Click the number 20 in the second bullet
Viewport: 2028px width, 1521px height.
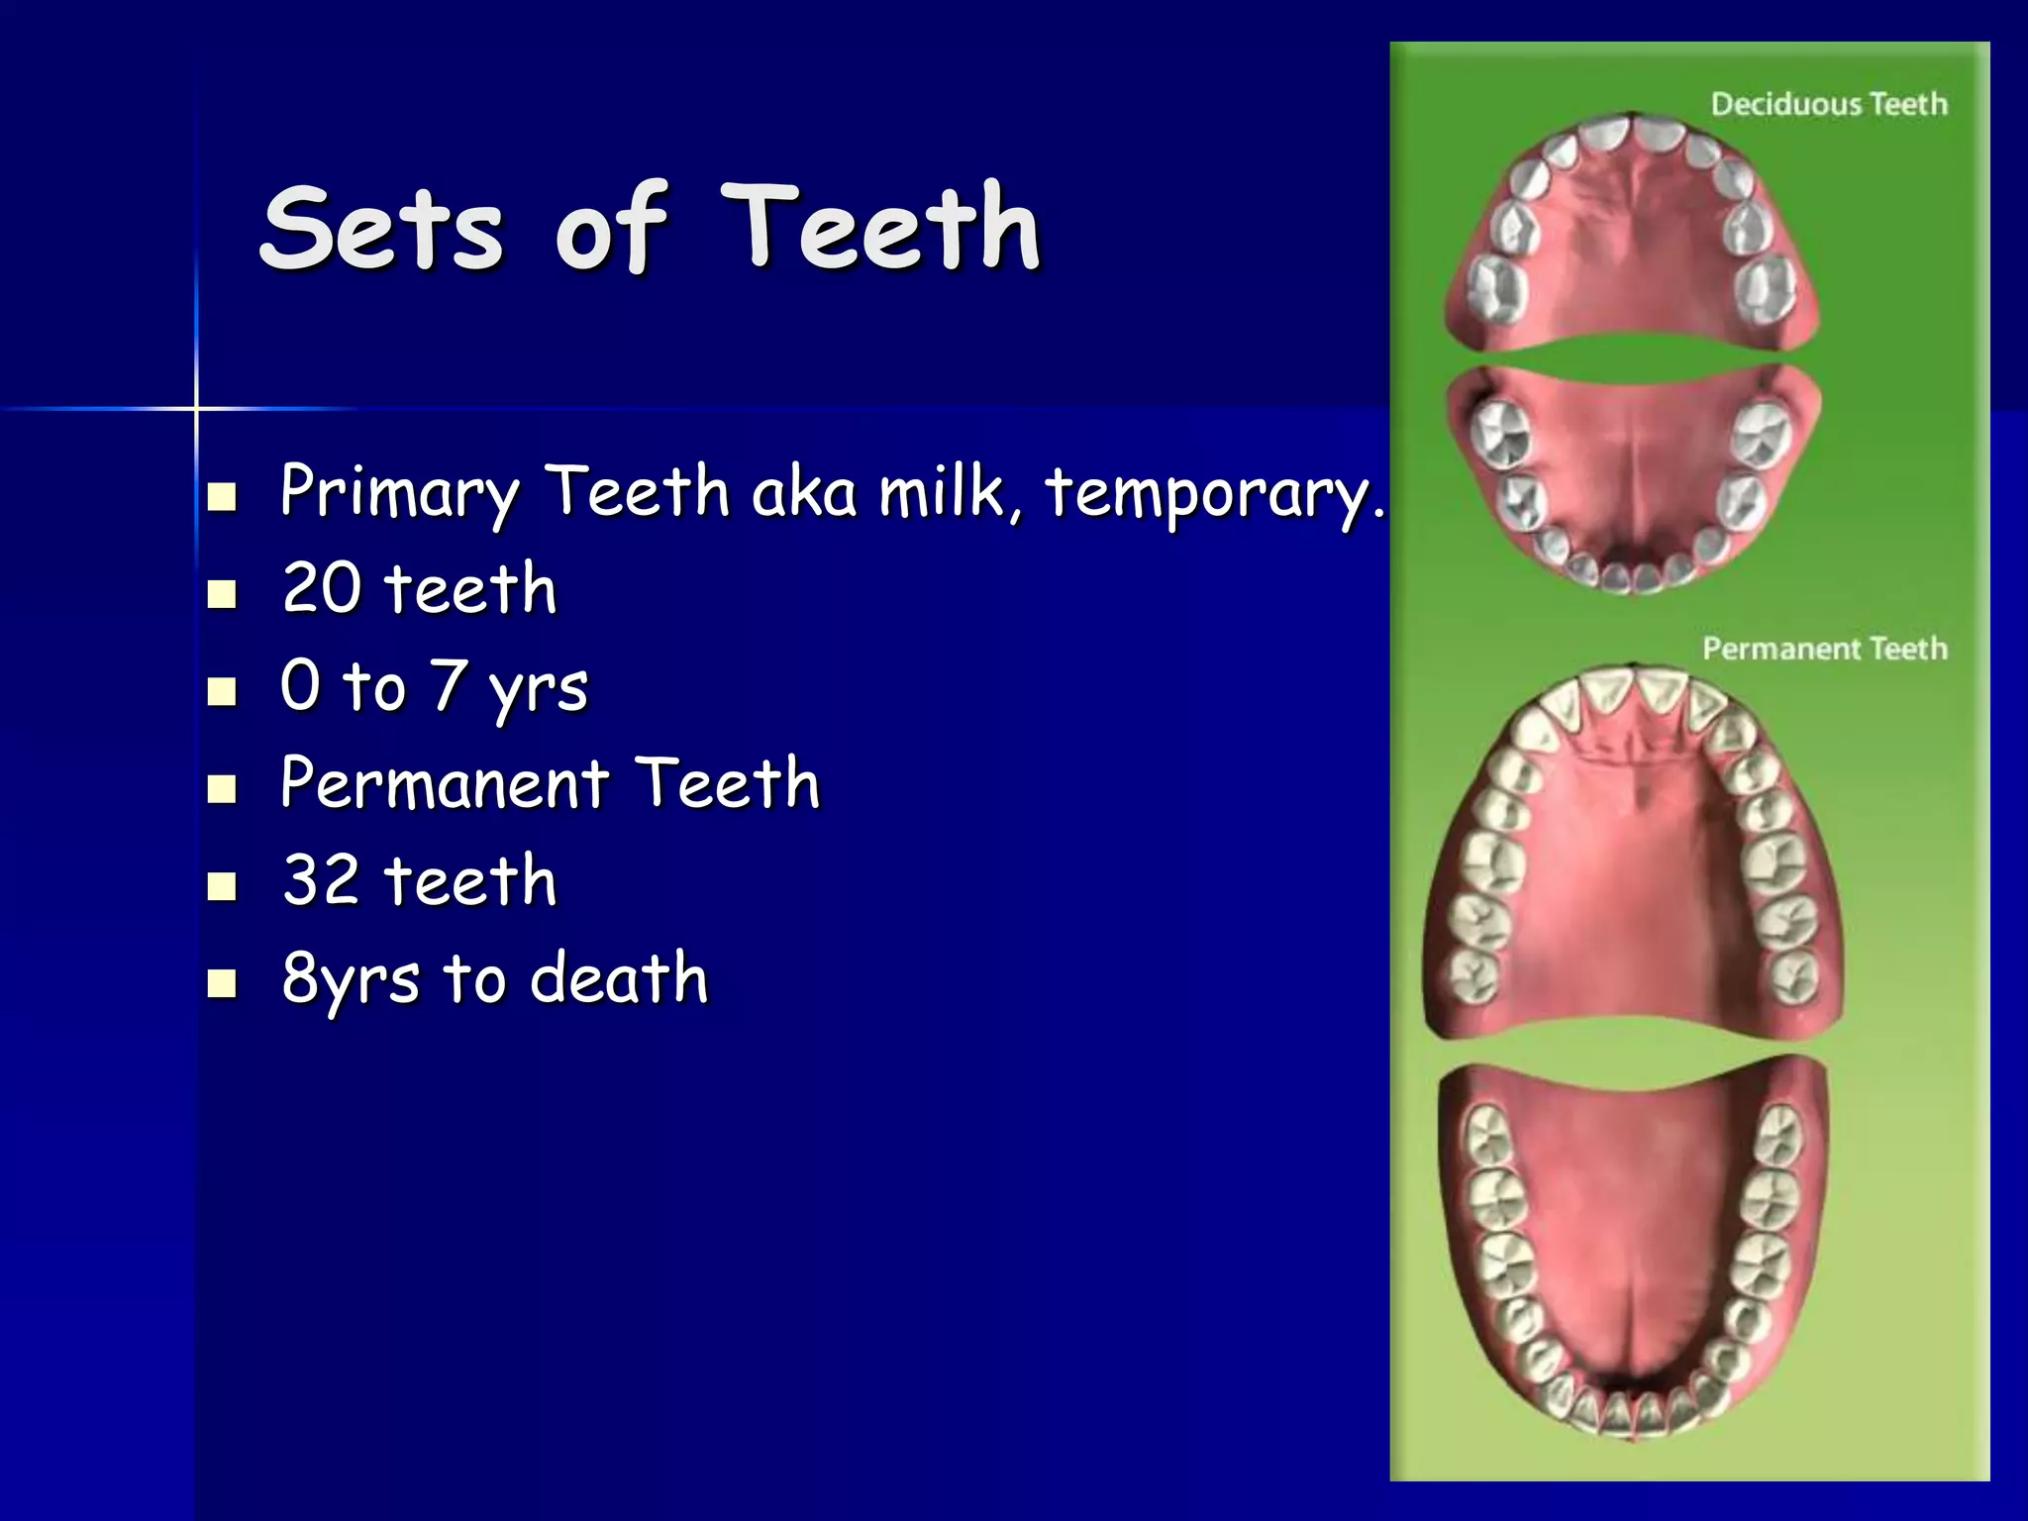pyautogui.click(x=322, y=588)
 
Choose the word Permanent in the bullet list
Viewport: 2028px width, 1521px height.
pyautogui.click(x=444, y=783)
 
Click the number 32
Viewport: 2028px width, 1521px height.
pyautogui.click(x=322, y=879)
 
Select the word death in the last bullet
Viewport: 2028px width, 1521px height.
pyautogui.click(x=619, y=977)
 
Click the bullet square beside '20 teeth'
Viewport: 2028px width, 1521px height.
pyautogui.click(x=223, y=594)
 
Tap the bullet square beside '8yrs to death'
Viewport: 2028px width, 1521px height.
pyautogui.click(x=223, y=983)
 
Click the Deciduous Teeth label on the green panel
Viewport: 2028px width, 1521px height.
pyautogui.click(x=1828, y=104)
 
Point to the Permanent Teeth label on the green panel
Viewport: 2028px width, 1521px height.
pyautogui.click(x=1824, y=649)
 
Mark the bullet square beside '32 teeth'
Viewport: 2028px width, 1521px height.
pyautogui.click(x=223, y=885)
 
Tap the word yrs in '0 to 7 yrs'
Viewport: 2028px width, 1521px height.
pyautogui.click(x=538, y=688)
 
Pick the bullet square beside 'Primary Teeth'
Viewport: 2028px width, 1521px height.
pyautogui.click(x=223, y=496)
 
